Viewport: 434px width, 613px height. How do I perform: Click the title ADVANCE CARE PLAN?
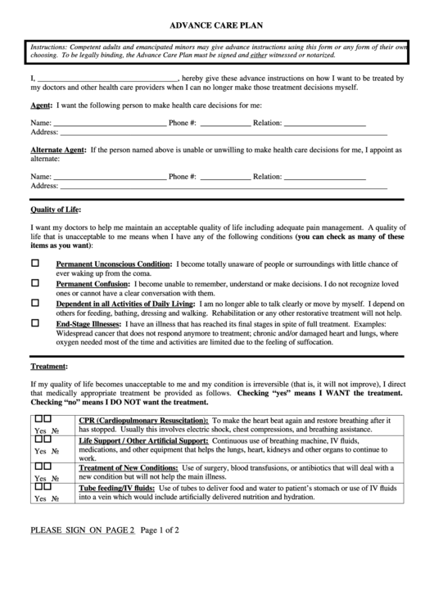point(215,25)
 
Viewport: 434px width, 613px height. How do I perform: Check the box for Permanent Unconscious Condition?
point(35,264)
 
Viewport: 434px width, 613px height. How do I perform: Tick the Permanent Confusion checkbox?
point(35,282)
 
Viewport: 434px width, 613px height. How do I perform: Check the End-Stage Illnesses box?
point(35,323)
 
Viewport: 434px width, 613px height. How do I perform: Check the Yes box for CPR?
point(37,419)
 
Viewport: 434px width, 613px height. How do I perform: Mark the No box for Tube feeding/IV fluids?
point(47,487)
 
